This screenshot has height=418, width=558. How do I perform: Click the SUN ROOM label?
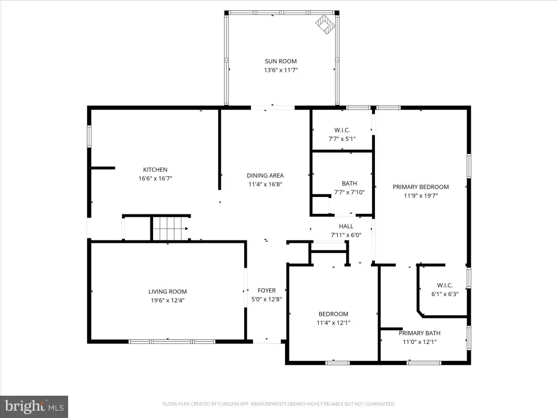tap(281, 61)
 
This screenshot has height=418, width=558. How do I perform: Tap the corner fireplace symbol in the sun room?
tap(325, 24)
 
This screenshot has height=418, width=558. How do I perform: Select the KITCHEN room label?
tap(155, 170)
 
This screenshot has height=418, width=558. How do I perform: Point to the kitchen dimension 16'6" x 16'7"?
tap(155, 179)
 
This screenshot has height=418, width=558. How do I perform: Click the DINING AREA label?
tap(265, 175)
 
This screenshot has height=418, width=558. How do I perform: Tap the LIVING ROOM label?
tap(167, 292)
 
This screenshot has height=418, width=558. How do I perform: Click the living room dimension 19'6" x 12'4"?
tap(167, 300)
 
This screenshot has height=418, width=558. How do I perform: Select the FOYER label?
tap(266, 291)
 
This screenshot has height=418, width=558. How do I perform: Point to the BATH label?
tap(349, 183)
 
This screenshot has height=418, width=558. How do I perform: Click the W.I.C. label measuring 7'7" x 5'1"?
tap(342, 130)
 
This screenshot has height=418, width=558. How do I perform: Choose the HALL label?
tap(346, 226)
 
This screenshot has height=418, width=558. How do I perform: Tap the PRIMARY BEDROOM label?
tap(421, 187)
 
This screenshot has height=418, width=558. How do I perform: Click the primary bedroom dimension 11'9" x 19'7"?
tap(421, 196)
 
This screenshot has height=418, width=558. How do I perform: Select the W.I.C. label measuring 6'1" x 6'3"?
tap(445, 285)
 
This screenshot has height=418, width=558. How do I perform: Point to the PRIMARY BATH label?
tap(420, 333)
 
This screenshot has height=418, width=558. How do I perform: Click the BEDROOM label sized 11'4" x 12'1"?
tap(333, 314)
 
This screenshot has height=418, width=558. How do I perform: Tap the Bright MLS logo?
tap(34, 407)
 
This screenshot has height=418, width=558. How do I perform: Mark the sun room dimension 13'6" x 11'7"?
tap(281, 70)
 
